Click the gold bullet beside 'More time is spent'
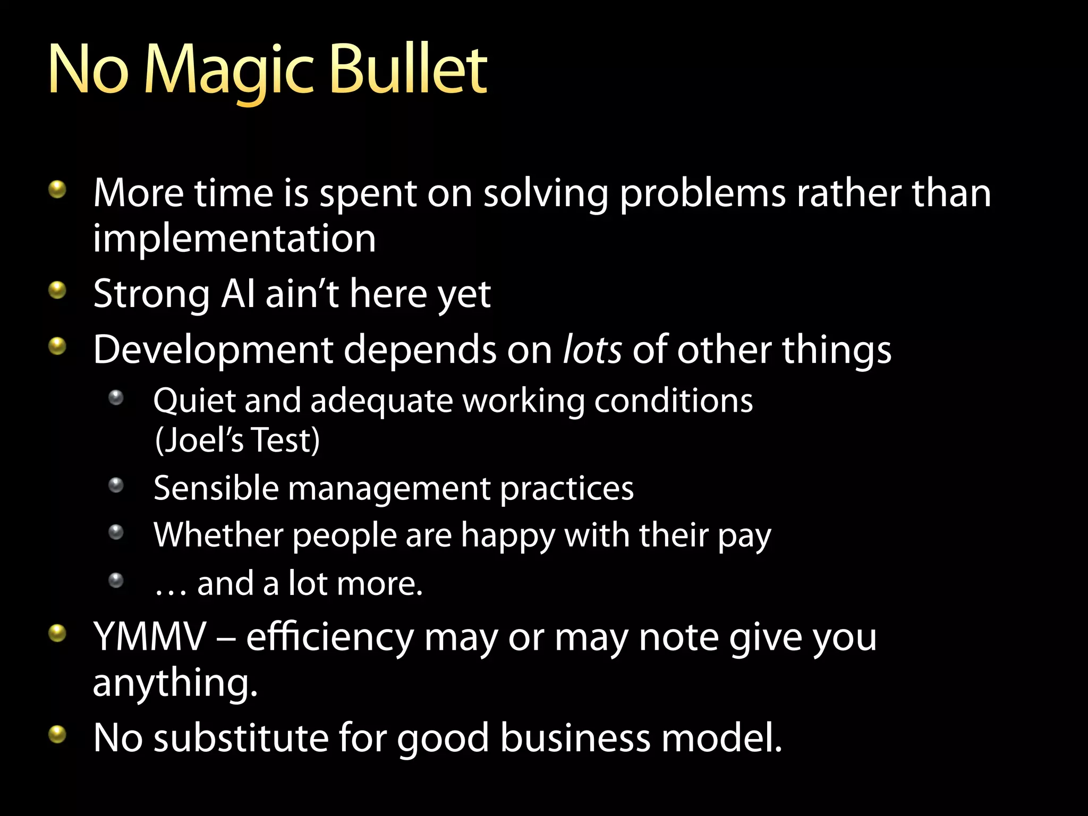(x=57, y=189)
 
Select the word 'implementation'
(x=234, y=239)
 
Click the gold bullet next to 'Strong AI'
(x=57, y=290)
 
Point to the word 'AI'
(x=237, y=294)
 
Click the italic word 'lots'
(x=592, y=350)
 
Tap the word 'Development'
(x=212, y=351)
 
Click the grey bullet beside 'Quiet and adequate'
(x=116, y=397)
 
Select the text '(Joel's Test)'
(x=237, y=440)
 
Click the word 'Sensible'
(x=216, y=488)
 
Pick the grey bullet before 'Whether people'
(x=116, y=532)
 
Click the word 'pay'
(x=744, y=537)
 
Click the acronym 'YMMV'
(x=149, y=636)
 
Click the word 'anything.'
(x=175, y=683)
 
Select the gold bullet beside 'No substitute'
(x=57, y=735)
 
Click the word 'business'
(x=575, y=738)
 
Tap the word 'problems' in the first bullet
(x=702, y=194)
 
